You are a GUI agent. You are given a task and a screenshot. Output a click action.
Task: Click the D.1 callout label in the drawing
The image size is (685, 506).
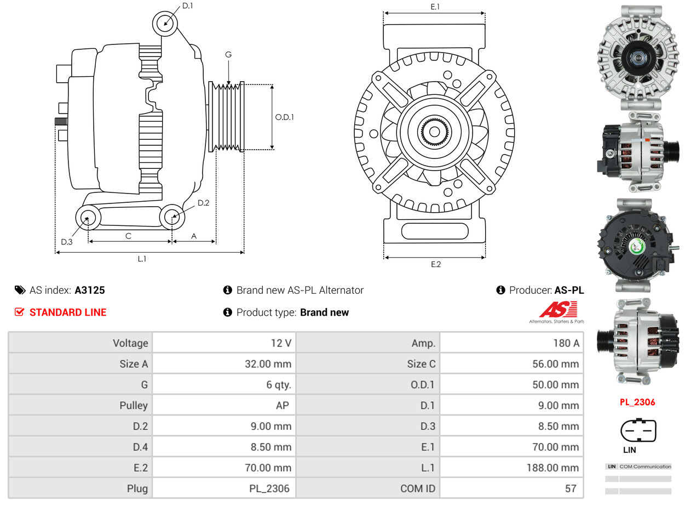[187, 6]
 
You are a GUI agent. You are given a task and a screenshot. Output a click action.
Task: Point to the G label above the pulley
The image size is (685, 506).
[228, 54]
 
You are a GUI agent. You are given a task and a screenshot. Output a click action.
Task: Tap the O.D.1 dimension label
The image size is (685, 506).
[284, 117]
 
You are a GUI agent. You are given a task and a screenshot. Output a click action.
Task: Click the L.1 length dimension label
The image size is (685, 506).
[142, 259]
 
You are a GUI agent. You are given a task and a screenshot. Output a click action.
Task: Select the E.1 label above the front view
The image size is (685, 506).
[435, 7]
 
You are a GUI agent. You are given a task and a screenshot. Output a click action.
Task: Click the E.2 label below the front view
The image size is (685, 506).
[435, 264]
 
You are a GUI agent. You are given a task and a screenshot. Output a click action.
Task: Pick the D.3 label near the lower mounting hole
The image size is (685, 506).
[67, 242]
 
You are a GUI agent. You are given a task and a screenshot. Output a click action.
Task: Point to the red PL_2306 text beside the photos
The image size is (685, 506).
[637, 402]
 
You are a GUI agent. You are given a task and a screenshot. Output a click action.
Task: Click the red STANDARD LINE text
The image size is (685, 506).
[68, 312]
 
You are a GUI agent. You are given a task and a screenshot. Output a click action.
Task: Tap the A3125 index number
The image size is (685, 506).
[90, 290]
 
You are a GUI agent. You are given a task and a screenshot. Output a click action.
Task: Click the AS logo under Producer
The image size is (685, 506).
[557, 311]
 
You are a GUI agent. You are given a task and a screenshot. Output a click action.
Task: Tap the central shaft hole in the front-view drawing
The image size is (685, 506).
[434, 132]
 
